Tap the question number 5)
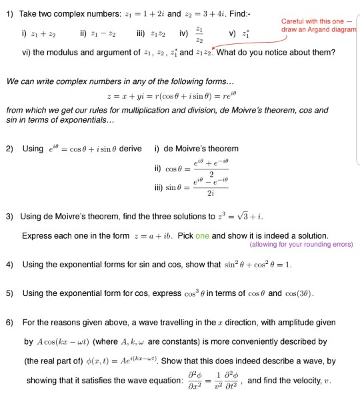(9, 294)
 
